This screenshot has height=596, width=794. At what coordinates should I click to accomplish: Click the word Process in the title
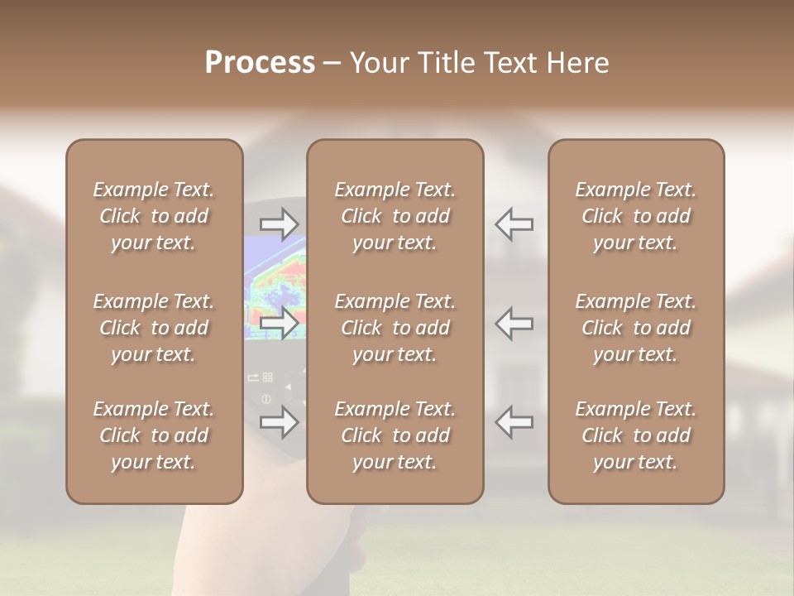[x=260, y=63]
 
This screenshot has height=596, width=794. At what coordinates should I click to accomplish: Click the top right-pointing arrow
[x=279, y=223]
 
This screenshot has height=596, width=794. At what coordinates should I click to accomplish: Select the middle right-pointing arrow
[x=279, y=323]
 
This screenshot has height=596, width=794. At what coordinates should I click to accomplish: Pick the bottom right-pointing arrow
[x=279, y=421]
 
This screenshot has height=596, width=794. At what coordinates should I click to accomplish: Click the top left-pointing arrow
[x=514, y=223]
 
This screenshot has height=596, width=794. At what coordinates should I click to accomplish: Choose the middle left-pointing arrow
[x=514, y=323]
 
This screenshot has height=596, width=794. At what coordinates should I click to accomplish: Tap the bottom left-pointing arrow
[x=514, y=421]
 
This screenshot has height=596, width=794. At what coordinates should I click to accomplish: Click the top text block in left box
[x=154, y=216]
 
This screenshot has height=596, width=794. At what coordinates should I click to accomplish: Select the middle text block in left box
[x=154, y=328]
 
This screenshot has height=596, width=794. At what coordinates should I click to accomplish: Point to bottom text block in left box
[x=154, y=435]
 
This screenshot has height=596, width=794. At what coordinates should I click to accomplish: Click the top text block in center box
[x=395, y=216]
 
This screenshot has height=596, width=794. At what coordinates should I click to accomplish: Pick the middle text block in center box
[x=395, y=328]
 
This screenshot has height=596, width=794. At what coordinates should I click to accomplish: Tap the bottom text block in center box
[x=395, y=435]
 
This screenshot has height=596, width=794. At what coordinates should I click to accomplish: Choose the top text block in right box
[x=635, y=216]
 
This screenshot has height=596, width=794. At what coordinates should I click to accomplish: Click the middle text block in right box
[x=635, y=328]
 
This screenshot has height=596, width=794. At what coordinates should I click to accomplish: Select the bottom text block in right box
[x=635, y=435]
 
